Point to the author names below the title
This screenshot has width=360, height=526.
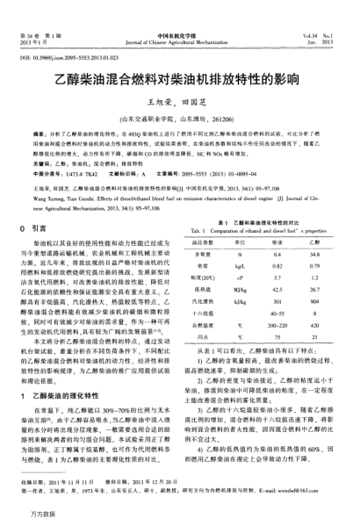179,102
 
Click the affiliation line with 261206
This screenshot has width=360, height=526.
179,116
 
